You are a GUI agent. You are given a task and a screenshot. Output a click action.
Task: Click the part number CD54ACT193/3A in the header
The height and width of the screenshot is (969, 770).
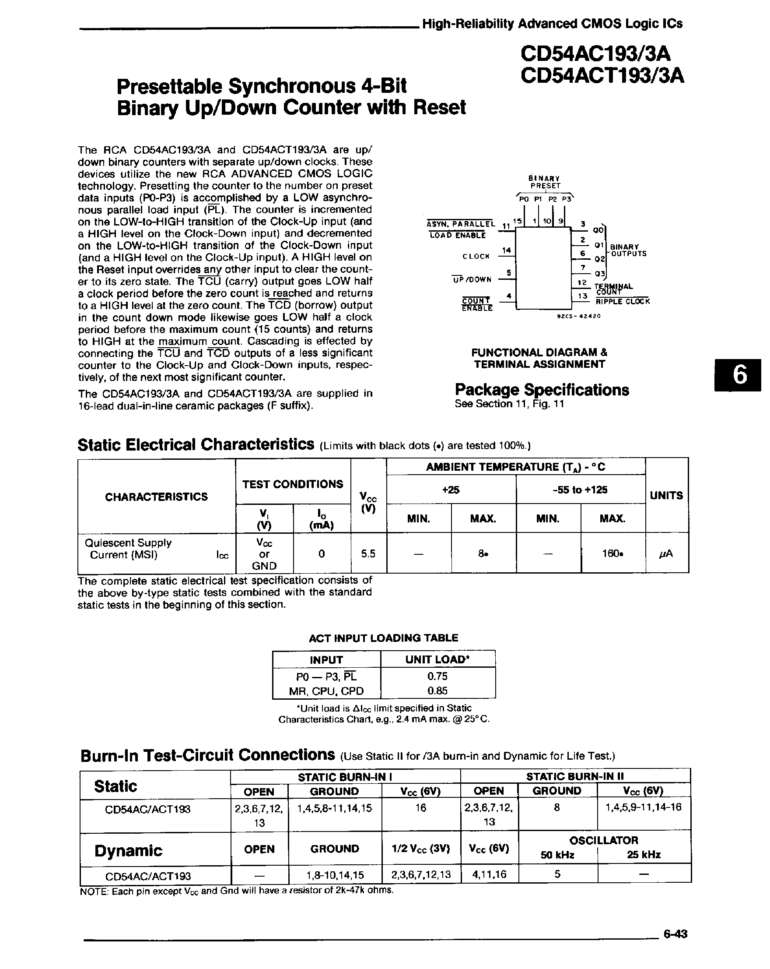pos(602,75)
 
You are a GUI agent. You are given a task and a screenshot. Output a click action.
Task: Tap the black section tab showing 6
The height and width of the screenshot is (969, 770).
pos(737,375)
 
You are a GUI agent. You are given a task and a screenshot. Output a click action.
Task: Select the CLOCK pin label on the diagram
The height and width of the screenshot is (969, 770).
pos(476,256)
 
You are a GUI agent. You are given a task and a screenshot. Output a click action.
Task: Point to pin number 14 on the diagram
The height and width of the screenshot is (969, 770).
pos(507,250)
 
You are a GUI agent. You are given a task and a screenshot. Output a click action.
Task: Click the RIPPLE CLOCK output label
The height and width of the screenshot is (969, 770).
pos(622,302)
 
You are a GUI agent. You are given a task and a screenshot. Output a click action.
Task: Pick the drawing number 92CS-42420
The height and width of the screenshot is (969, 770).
pos(578,316)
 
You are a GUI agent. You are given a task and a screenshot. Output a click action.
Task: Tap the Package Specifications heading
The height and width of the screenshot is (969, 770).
pos(542,390)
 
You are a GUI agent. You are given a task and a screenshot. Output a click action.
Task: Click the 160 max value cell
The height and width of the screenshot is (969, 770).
pos(612,554)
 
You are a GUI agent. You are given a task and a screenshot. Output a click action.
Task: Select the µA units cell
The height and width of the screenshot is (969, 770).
pos(666,554)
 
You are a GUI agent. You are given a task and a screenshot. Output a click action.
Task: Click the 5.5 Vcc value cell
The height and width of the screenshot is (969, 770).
pos(368,554)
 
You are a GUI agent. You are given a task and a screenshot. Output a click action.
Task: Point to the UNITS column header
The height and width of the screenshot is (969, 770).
pos(666,495)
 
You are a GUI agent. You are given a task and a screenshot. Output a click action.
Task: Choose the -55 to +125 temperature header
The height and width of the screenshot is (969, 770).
pos(580,490)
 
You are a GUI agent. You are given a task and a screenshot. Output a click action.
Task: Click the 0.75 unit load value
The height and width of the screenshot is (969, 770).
pos(437,676)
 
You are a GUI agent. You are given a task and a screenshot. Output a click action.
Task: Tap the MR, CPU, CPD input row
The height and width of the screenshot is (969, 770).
pos(326,691)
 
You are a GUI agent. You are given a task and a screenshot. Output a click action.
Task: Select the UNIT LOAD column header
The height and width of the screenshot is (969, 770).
pos(437,659)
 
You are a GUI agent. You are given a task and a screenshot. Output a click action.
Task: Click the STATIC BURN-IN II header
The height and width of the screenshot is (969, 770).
pos(575,776)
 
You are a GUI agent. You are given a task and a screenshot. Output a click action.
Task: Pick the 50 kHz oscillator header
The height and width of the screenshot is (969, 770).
pos(557,854)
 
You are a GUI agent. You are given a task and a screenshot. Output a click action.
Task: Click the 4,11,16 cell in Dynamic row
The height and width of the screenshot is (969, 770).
pos(489,874)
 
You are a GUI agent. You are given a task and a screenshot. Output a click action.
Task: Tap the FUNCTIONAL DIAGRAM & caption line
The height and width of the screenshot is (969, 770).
pos(539,352)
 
